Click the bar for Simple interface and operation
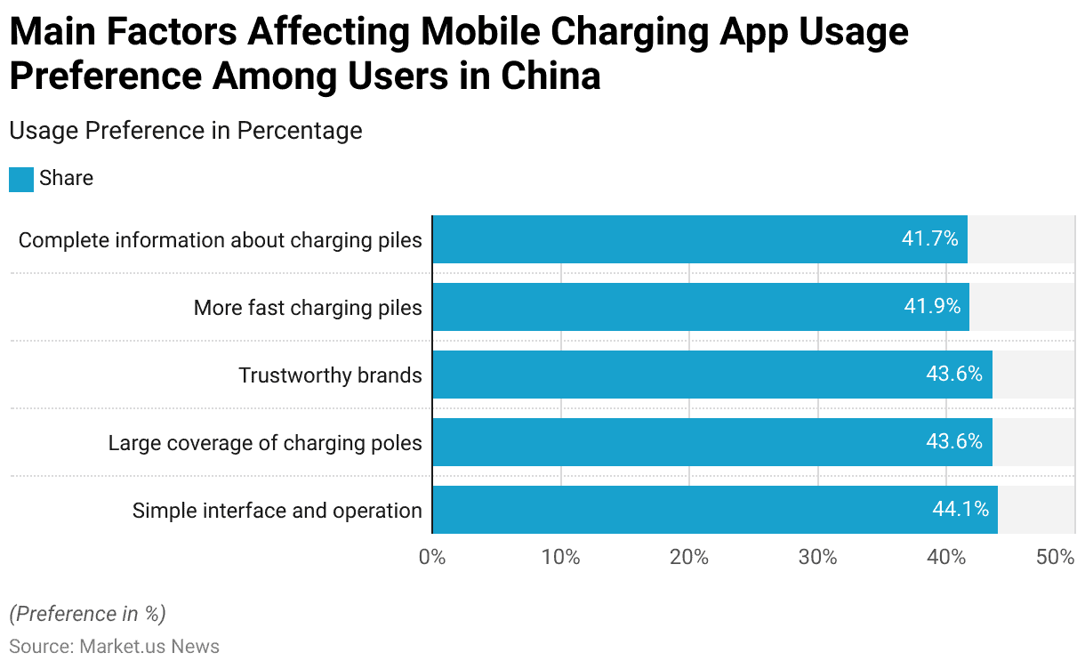pyautogui.click(x=714, y=510)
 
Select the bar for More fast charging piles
pyautogui.click(x=700, y=307)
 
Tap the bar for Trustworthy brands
pyautogui.click(x=711, y=375)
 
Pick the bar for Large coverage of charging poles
pyautogui.click(x=711, y=442)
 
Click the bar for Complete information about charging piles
pyautogui.click(x=699, y=239)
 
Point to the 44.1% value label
pyautogui.click(x=960, y=510)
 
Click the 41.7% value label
pyautogui.click(x=929, y=239)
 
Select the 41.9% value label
pyautogui.click(x=932, y=307)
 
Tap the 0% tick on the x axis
pyautogui.click(x=432, y=558)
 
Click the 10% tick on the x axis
pyautogui.click(x=560, y=558)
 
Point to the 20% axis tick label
pyautogui.click(x=689, y=558)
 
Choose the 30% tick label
pyautogui.click(x=817, y=558)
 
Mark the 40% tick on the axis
pyautogui.click(x=946, y=558)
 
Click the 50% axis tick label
pyautogui.click(x=1056, y=558)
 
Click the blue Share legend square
pyautogui.click(x=21, y=179)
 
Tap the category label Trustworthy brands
pyautogui.click(x=330, y=375)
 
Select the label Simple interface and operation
pyautogui.click(x=277, y=511)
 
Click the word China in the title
pyautogui.click(x=551, y=77)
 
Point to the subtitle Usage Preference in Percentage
pyautogui.click(x=185, y=131)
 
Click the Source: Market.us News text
pyautogui.click(x=114, y=647)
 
